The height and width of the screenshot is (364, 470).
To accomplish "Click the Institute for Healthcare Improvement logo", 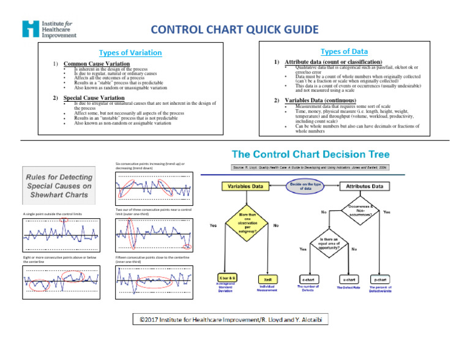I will pos(50,29).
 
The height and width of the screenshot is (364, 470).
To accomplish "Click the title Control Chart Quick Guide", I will pos(234,29).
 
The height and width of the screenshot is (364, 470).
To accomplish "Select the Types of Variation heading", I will pos(130,53).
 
